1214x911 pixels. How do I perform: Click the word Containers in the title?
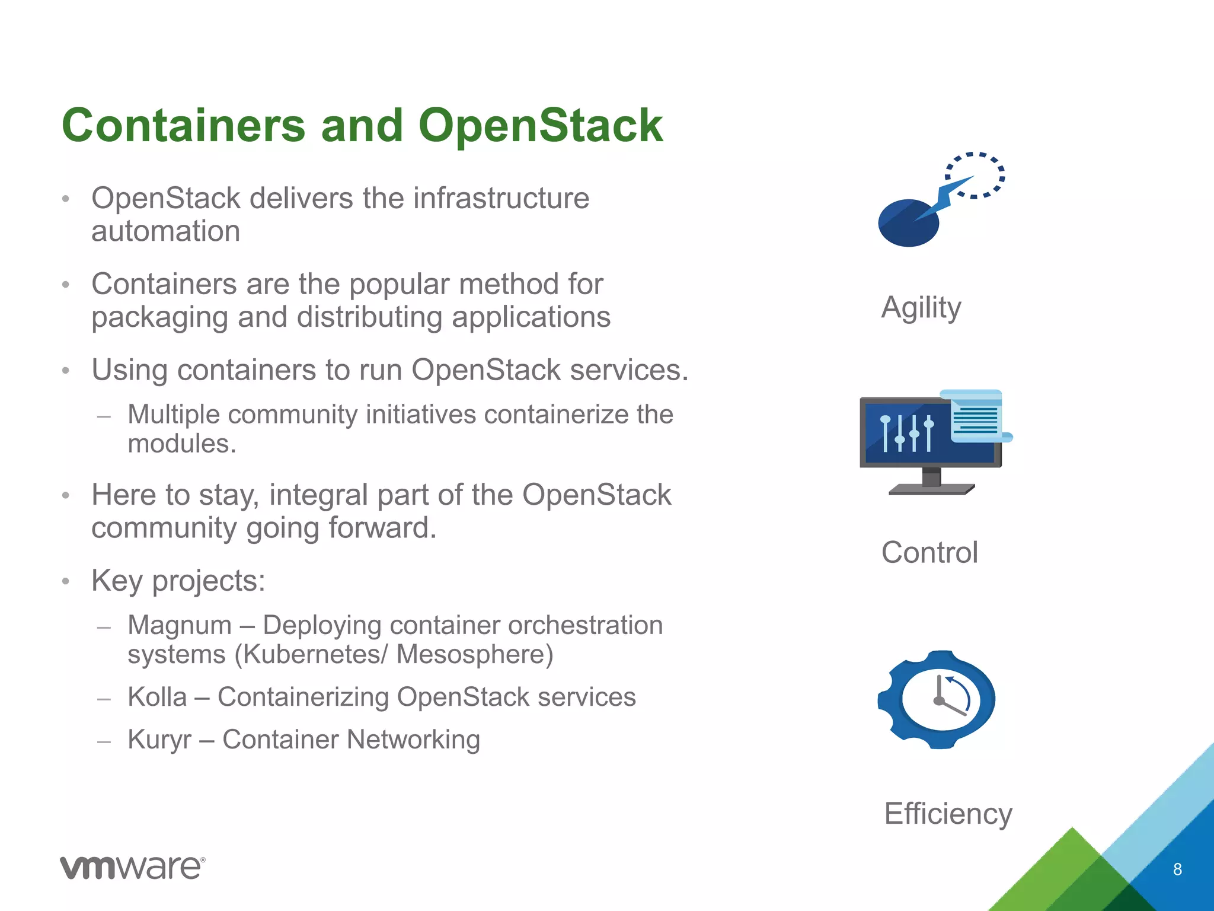click(x=184, y=126)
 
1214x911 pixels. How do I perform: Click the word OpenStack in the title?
click(x=540, y=126)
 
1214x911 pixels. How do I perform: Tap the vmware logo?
click(x=133, y=868)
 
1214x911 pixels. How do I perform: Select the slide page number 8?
click(x=1177, y=869)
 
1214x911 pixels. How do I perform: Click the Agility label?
click(x=921, y=308)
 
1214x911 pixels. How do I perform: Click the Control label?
click(x=929, y=553)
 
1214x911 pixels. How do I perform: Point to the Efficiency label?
click(x=948, y=814)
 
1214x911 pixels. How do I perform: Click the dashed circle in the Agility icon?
click(x=975, y=175)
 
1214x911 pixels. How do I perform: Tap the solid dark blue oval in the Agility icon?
click(x=907, y=224)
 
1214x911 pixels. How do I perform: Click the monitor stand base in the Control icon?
click(x=931, y=489)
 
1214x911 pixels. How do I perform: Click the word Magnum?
click(x=180, y=625)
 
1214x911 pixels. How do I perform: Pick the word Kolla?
click(x=157, y=697)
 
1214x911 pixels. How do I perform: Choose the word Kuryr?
click(x=159, y=740)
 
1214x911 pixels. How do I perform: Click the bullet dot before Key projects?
click(x=66, y=581)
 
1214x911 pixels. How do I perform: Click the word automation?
click(x=165, y=231)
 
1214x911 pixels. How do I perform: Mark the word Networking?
click(x=413, y=740)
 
